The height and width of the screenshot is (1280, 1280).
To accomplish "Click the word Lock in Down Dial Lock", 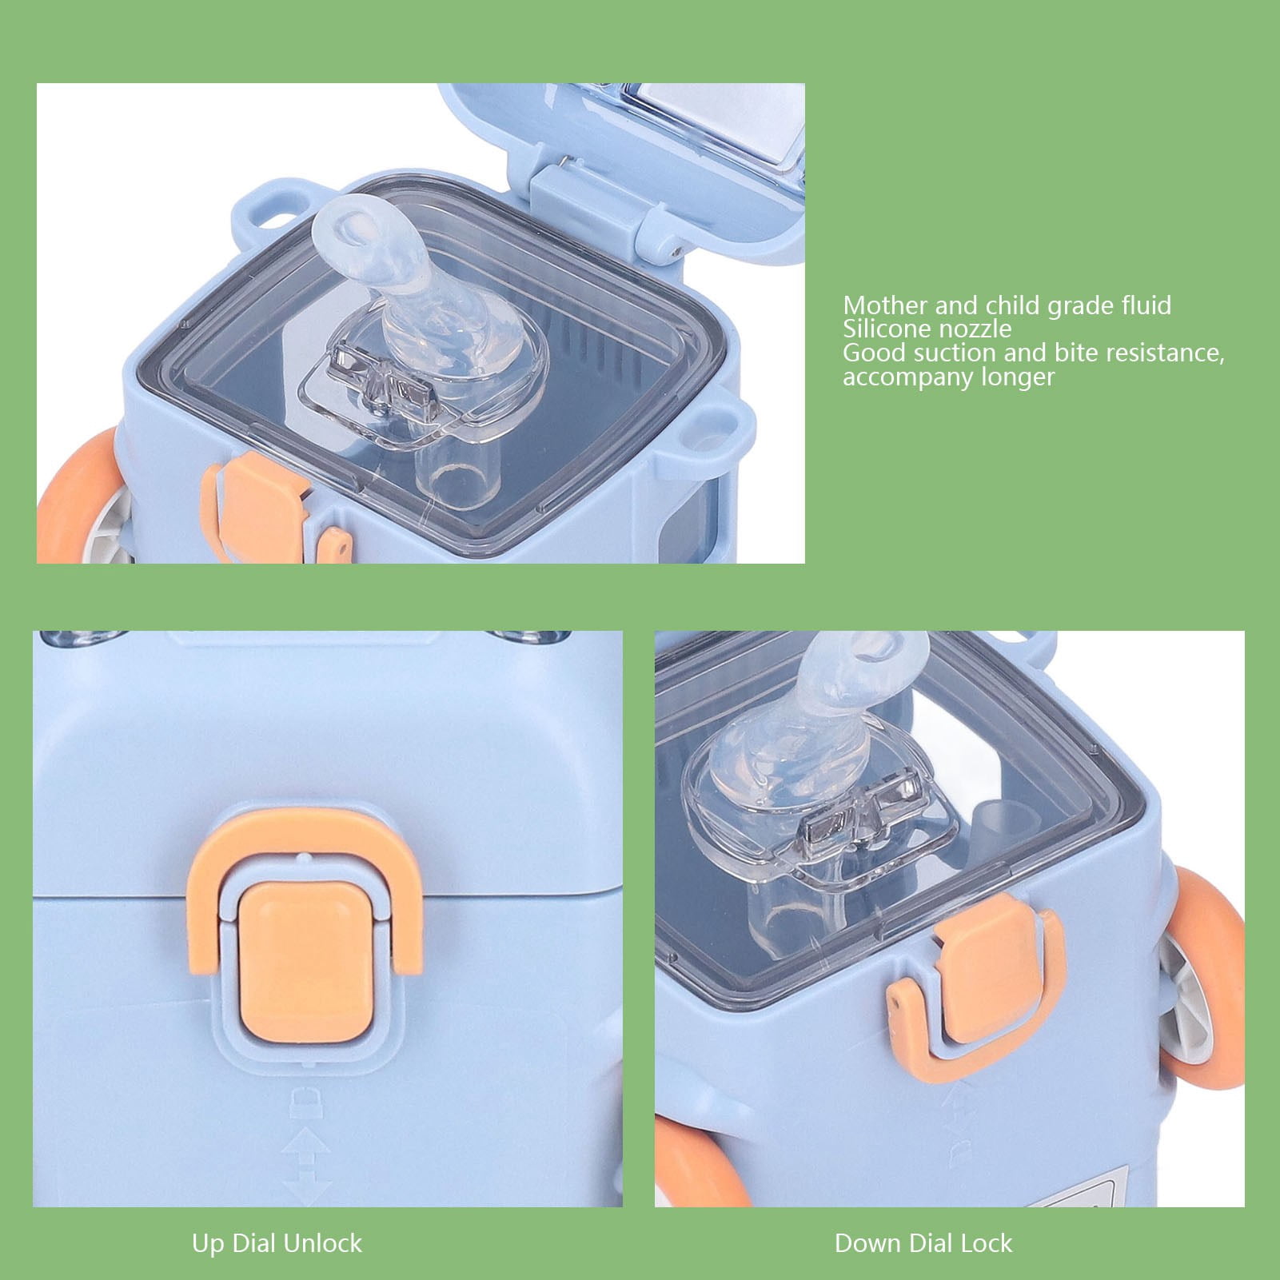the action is [x=987, y=1243].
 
